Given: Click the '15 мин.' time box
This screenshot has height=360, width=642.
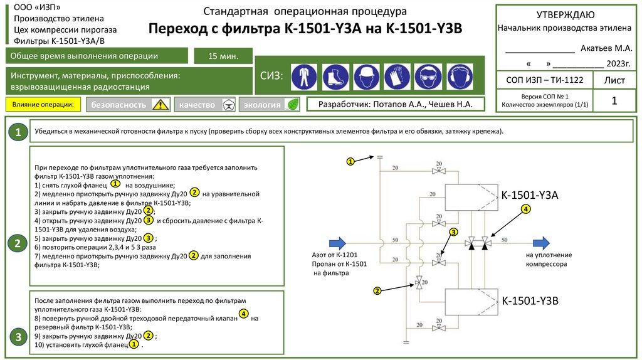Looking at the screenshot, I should click(223, 56).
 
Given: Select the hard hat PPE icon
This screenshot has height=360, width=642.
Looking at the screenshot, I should click(366, 77).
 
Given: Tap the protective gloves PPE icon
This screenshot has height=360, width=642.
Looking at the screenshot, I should click(397, 77).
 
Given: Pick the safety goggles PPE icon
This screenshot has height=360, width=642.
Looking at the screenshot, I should click(428, 77).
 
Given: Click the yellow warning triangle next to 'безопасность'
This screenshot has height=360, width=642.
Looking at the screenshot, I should click(161, 105).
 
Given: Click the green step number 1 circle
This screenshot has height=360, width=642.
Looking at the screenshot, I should click(19, 132).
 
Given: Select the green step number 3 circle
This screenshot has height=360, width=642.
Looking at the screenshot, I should click(19, 337).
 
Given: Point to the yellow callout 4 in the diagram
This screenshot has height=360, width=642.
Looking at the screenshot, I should click(525, 209).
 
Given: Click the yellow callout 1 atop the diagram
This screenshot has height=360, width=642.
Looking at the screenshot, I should click(351, 162).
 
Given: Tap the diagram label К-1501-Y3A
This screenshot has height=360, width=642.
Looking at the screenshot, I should click(530, 196).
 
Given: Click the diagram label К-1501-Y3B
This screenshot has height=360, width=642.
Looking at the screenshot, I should click(530, 302).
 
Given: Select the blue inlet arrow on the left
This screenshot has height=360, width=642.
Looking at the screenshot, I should click(337, 242).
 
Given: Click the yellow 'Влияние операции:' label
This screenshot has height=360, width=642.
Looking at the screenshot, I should click(44, 104).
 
